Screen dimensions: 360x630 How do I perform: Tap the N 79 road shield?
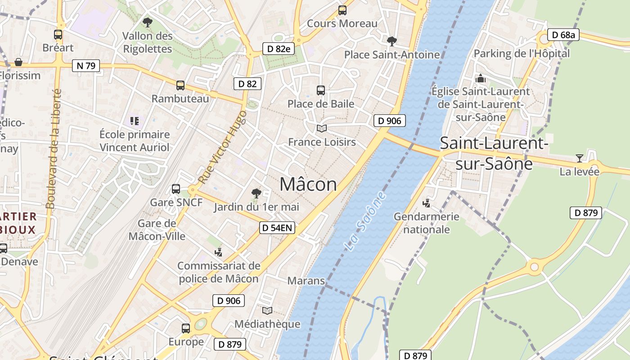pyautogui.click(x=85, y=66)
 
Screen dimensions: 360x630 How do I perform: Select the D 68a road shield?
pyautogui.click(x=563, y=35)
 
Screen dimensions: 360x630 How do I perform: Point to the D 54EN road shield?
pyautogui.click(x=277, y=228)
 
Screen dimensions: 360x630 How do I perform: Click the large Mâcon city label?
pyautogui.click(x=308, y=184)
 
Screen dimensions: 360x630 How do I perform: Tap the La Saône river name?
pyautogui.click(x=365, y=221)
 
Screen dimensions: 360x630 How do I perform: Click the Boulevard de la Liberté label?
pyautogui.click(x=54, y=148)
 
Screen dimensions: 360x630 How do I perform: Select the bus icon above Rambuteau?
pyautogui.click(x=180, y=85)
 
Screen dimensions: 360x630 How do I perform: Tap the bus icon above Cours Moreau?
pyautogui.click(x=342, y=10)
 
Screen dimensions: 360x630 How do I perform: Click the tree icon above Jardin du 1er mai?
pyautogui.click(x=256, y=193)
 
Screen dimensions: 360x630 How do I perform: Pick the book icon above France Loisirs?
pyautogui.click(x=321, y=129)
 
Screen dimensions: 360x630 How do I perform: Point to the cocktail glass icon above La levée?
pyautogui.click(x=579, y=158)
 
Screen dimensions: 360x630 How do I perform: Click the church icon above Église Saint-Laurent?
pyautogui.click(x=480, y=78)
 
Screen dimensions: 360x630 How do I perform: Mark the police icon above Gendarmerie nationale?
pyautogui.click(x=427, y=203)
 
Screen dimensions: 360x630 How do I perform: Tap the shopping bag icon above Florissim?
pyautogui.click(x=18, y=62)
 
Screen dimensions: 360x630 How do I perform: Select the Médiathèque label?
pyautogui.click(x=267, y=324)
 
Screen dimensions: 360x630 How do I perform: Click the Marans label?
pyautogui.click(x=306, y=281)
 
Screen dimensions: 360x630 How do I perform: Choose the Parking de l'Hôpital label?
pyautogui.click(x=522, y=54)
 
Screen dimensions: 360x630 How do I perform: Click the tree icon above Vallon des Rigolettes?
pyautogui.click(x=147, y=22)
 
